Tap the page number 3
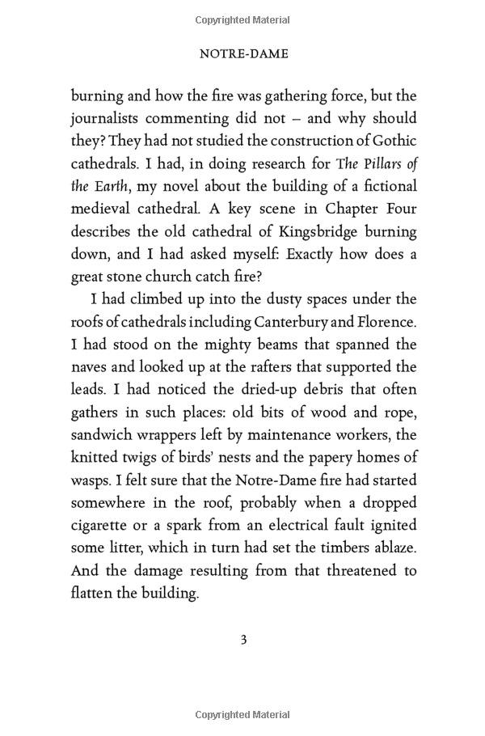[x=242, y=640]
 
